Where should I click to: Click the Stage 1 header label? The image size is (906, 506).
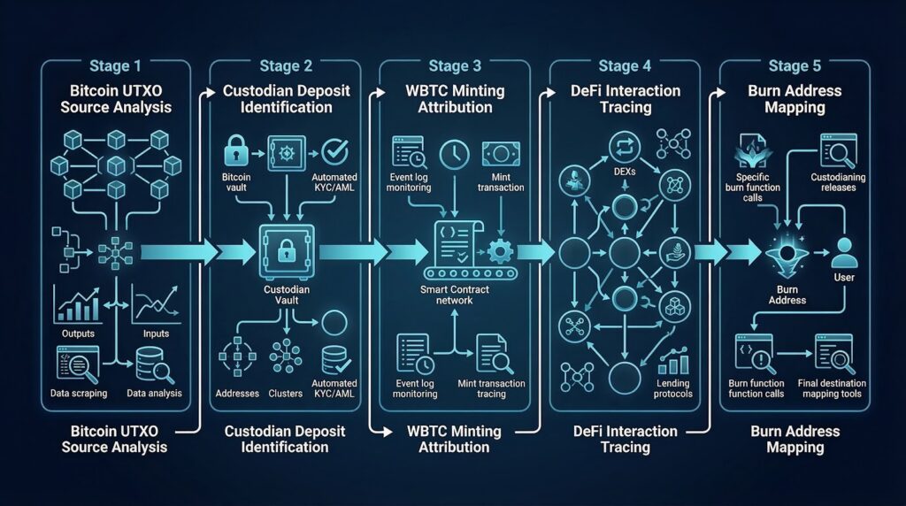tap(114, 65)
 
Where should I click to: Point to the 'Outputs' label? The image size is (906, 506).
tap(79, 333)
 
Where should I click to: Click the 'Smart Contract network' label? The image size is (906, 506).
tap(453, 294)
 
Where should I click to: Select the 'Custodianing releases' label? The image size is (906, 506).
tap(838, 181)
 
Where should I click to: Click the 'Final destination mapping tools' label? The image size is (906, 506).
tap(838, 387)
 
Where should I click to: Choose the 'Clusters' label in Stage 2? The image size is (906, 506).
tap(285, 392)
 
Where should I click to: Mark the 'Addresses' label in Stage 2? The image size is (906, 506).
tap(237, 392)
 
